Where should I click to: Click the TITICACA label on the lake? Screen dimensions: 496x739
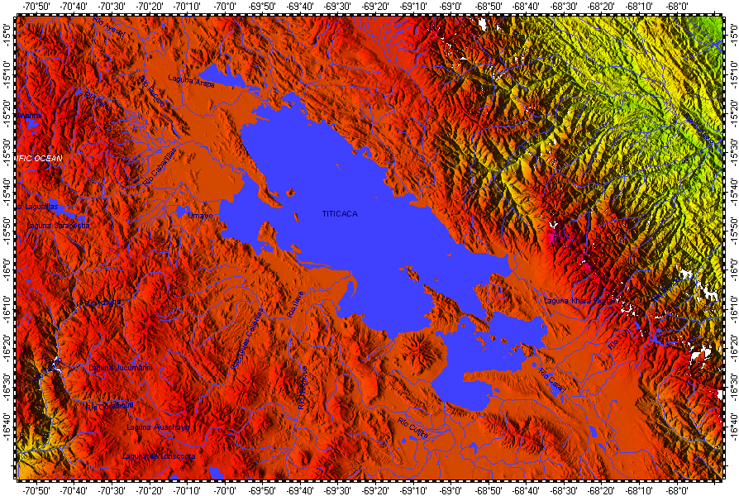point(340,214)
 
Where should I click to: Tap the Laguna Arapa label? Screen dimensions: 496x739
point(191,80)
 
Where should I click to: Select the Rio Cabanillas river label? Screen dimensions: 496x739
point(160,167)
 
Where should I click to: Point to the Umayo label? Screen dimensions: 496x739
point(200,216)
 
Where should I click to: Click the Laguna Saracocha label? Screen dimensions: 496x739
point(59,225)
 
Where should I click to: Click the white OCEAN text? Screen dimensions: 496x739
point(41,157)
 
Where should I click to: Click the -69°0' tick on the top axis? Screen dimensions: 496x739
point(451,7)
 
